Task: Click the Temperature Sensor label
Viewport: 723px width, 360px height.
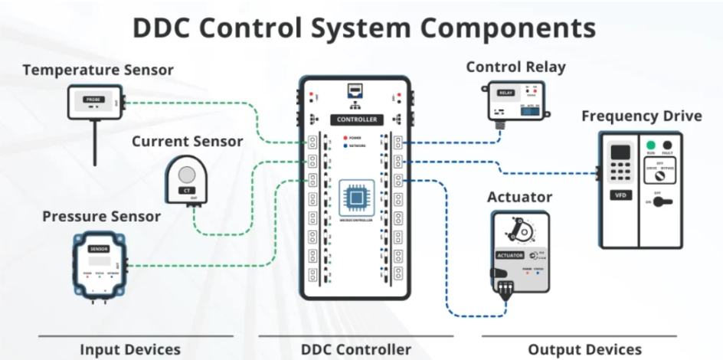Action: pyautogui.click(x=98, y=70)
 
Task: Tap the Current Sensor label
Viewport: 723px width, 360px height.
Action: pyautogui.click(x=187, y=141)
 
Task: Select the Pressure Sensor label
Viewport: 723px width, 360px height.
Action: pyautogui.click(x=102, y=216)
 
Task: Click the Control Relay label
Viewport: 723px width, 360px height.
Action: pyautogui.click(x=515, y=67)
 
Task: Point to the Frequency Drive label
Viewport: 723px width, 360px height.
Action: pyautogui.click(x=641, y=116)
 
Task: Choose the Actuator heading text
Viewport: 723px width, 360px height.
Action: pyautogui.click(x=519, y=197)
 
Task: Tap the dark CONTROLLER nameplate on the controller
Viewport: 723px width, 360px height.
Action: pyautogui.click(x=357, y=119)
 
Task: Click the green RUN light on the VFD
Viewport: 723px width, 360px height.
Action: pyautogui.click(x=650, y=146)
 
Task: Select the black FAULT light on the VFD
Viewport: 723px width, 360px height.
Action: pyautogui.click(x=667, y=146)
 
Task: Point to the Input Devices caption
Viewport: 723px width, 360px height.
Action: pyautogui.click(x=130, y=349)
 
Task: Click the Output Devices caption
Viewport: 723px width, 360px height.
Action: pyautogui.click(x=584, y=349)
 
